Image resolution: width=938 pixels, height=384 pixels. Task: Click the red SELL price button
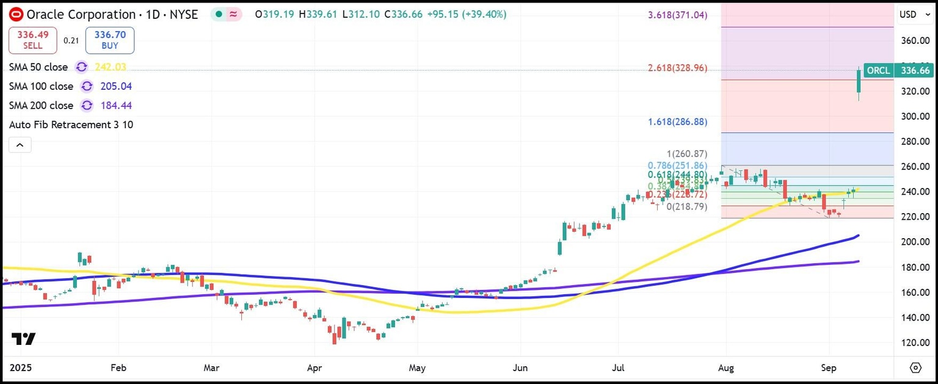(x=32, y=40)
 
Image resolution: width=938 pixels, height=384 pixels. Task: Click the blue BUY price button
(x=110, y=40)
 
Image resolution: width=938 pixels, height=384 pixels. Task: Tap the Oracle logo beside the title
(x=17, y=14)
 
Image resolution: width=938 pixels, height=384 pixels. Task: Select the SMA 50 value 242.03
(x=111, y=67)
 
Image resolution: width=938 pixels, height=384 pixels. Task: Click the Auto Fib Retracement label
(x=71, y=125)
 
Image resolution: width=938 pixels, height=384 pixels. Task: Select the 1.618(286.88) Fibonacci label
(x=677, y=121)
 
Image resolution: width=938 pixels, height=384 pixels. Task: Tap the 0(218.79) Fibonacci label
(x=686, y=206)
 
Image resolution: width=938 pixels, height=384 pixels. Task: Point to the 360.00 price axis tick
(x=915, y=41)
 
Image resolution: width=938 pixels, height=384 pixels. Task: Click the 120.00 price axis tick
(x=915, y=342)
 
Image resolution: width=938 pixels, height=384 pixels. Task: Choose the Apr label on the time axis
(x=314, y=368)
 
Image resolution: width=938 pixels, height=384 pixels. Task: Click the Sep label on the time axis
(x=829, y=368)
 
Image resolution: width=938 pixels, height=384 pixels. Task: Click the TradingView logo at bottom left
(x=23, y=339)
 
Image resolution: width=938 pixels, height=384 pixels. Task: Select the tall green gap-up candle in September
(x=859, y=84)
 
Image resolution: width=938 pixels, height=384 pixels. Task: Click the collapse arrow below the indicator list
(x=20, y=145)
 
